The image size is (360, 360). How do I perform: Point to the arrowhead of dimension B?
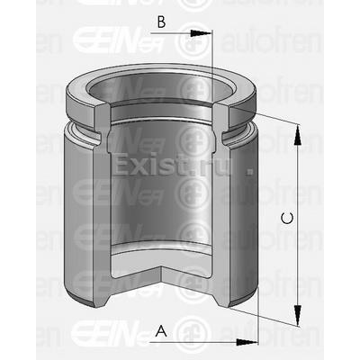click(x=209, y=33)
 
